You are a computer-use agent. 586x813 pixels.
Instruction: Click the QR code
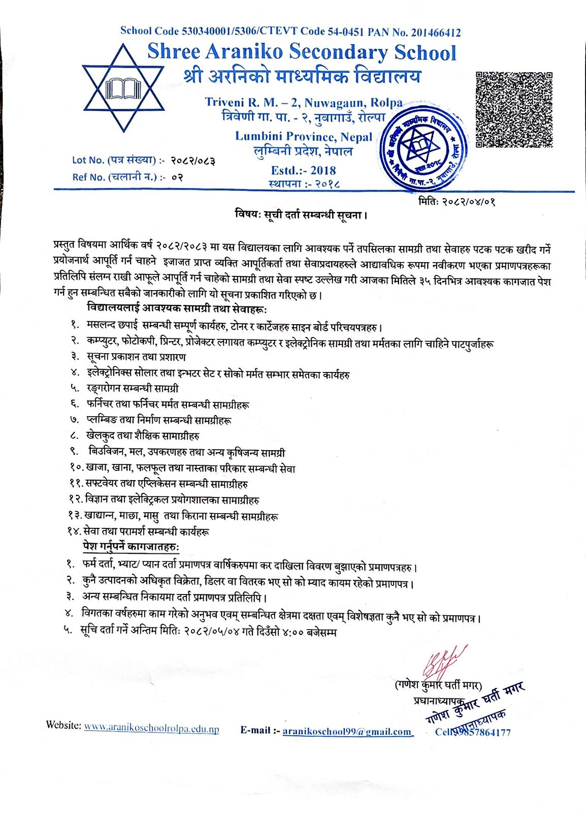tap(513, 110)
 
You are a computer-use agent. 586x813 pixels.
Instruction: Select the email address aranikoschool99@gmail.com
tap(347, 731)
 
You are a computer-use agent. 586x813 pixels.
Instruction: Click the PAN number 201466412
tap(436, 33)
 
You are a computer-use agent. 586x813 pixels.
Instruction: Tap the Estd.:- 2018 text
tap(303, 170)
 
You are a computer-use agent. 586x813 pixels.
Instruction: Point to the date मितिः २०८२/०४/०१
tap(457, 201)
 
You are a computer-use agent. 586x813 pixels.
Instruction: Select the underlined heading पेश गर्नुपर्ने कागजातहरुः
tap(131, 547)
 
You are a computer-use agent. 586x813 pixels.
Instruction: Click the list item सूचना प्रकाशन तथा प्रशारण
tap(136, 357)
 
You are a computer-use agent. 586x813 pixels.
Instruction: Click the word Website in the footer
tap(63, 725)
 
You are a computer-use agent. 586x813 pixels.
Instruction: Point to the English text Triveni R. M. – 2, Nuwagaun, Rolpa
tap(303, 102)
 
